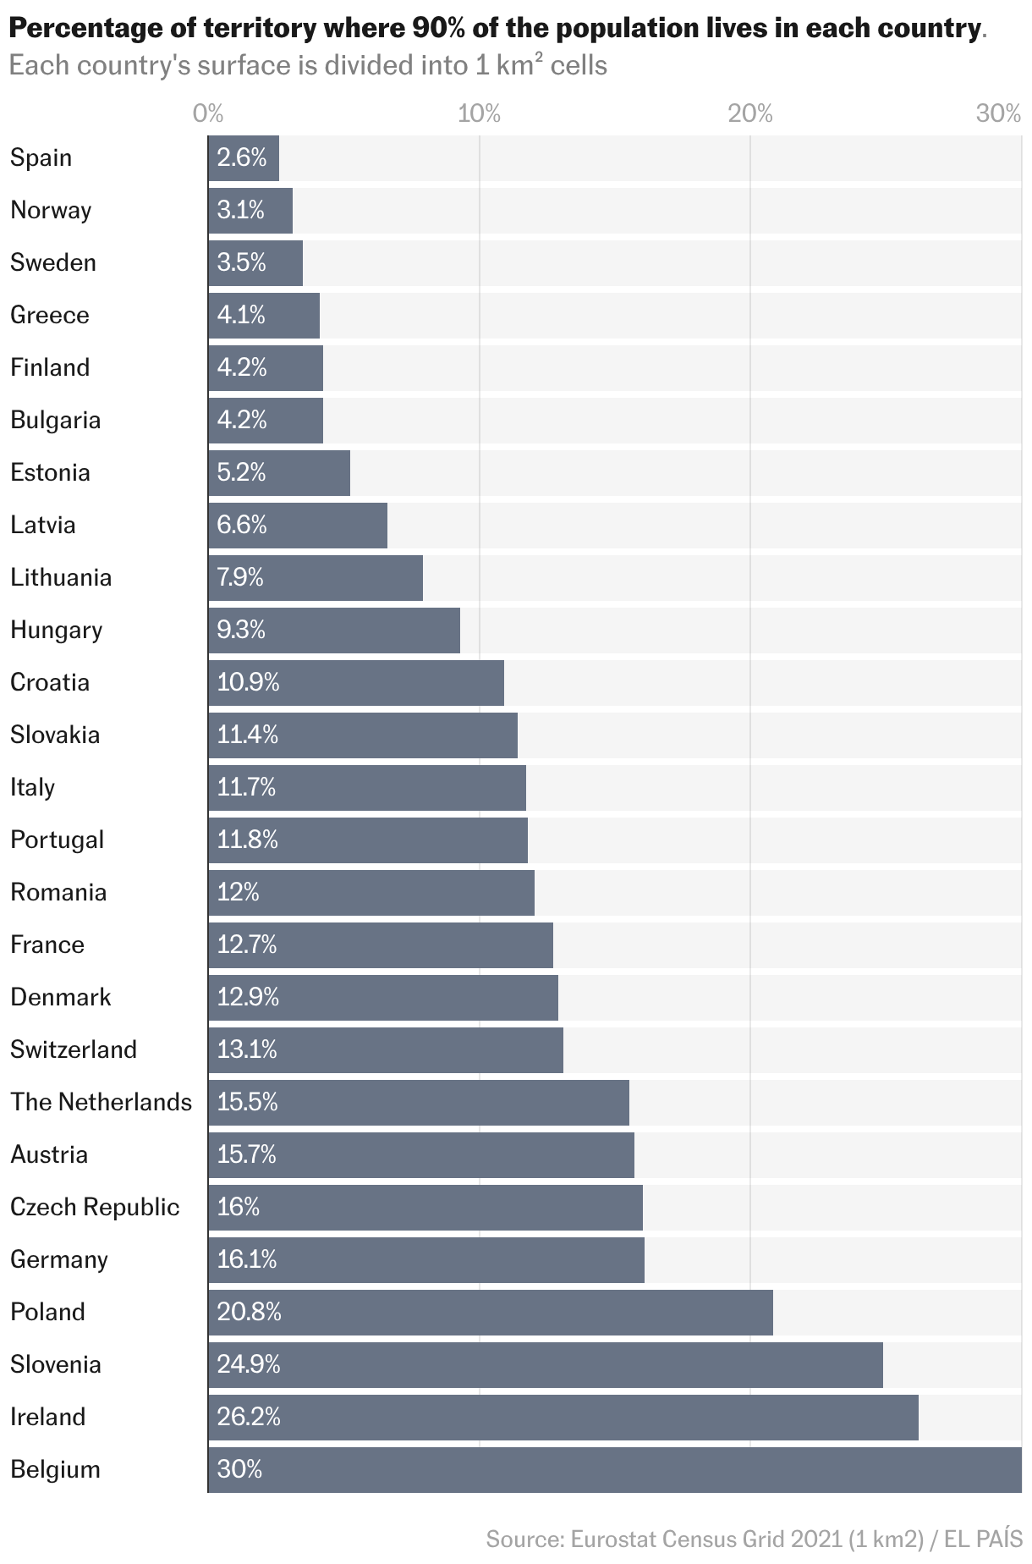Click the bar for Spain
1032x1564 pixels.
click(244, 158)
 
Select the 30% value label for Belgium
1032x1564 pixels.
click(239, 1469)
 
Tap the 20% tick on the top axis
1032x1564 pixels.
click(750, 113)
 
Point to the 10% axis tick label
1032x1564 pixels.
click(479, 113)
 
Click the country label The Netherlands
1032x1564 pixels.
click(101, 1102)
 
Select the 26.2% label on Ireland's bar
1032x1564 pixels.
click(248, 1417)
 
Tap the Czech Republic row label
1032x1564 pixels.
click(95, 1207)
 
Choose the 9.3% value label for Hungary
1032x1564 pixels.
click(241, 630)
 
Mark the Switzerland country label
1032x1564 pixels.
click(74, 1049)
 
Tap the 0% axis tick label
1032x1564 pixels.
click(208, 113)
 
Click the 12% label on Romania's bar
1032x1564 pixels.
click(238, 892)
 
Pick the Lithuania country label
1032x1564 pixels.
click(61, 577)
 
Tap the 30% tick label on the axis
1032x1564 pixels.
click(999, 113)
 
